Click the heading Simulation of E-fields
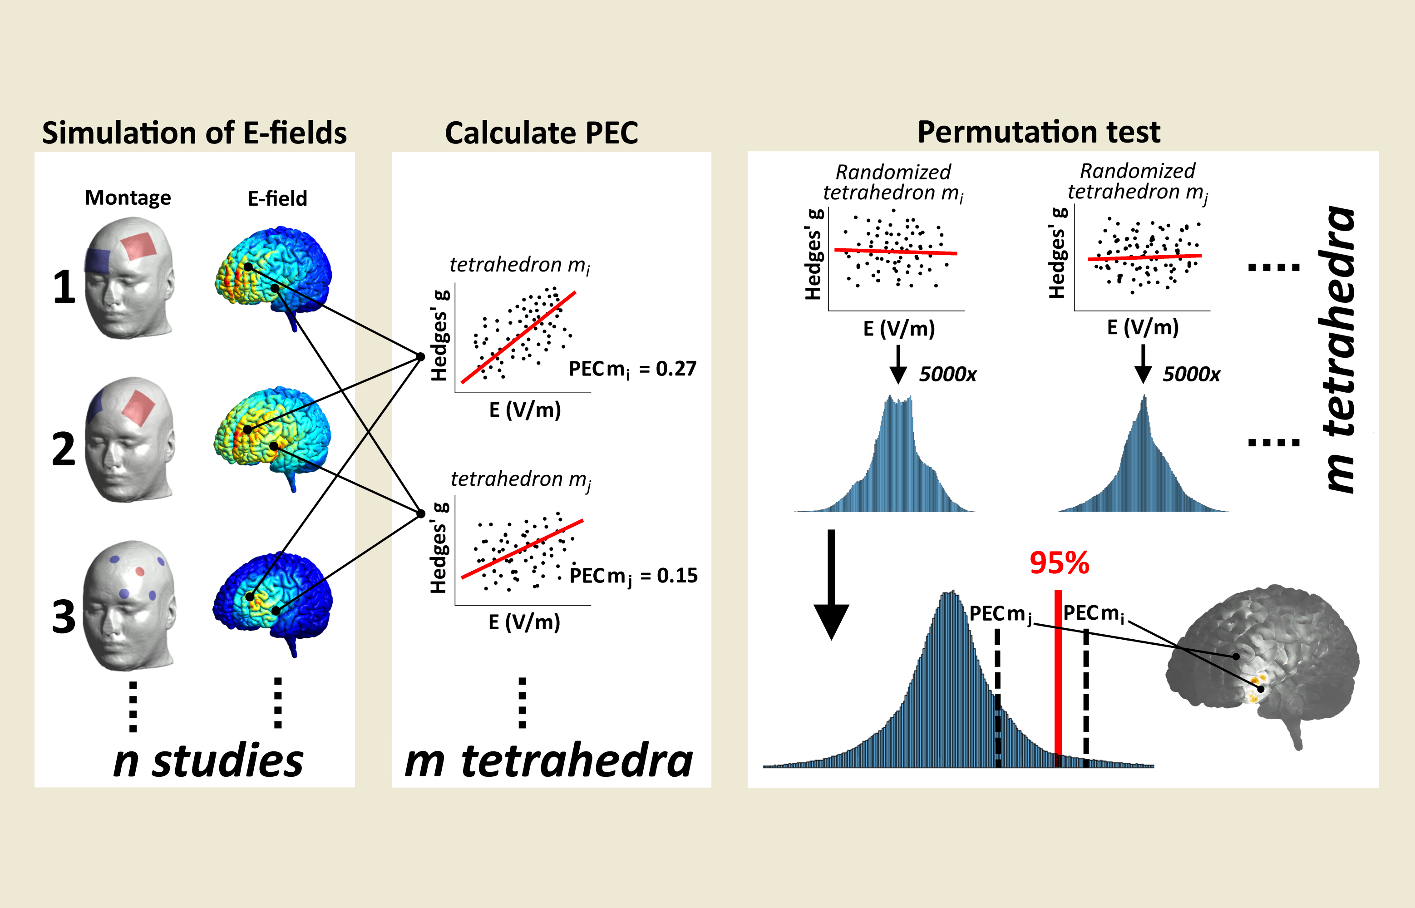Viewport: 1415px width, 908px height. [x=195, y=133]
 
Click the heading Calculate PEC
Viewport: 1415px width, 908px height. [x=541, y=133]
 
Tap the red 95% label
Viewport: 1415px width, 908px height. [x=1060, y=563]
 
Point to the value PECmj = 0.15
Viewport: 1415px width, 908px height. [x=634, y=576]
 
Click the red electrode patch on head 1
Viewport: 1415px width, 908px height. [x=139, y=246]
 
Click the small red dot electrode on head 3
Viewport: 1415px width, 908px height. [x=140, y=571]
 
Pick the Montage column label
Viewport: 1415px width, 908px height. [x=128, y=198]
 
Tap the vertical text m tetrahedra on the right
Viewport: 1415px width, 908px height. [x=1338, y=349]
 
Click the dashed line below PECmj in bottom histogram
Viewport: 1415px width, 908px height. [x=997, y=698]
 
